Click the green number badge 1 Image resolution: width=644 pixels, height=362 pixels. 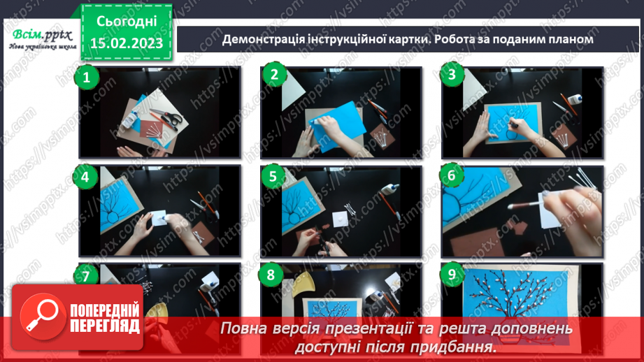[x=87, y=78]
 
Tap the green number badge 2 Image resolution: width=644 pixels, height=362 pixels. [x=274, y=76]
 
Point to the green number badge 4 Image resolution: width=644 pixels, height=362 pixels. [x=85, y=178]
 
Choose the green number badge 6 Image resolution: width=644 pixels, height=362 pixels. [x=452, y=175]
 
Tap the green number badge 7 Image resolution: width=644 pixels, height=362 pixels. [x=86, y=276]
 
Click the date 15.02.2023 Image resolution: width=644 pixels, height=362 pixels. [x=128, y=43]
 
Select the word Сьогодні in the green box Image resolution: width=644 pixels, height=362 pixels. [x=128, y=22]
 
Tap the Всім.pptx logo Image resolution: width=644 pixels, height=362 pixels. [x=41, y=37]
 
